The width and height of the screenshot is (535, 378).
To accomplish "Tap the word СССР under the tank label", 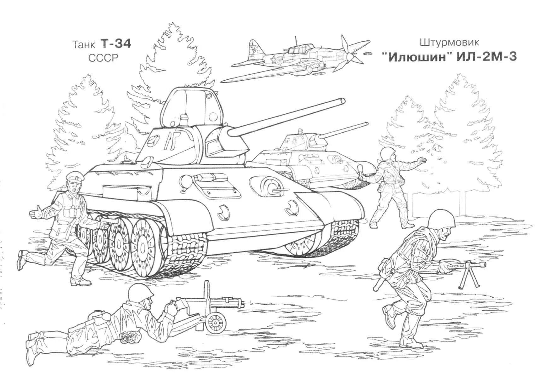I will point(102,59).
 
